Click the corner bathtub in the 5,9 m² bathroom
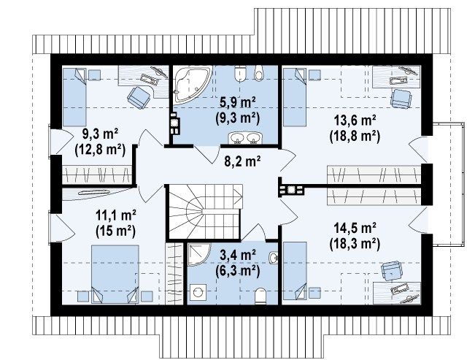pos(190,83)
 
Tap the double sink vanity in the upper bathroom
pos(245,138)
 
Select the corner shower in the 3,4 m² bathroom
pos(198,254)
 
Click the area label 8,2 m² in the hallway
pos(242,161)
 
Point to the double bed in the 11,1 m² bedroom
pos(115,274)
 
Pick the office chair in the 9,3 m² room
pos(139,97)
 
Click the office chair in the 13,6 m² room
pos(401,99)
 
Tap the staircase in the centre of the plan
pos(204,212)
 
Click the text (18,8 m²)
pos(355,137)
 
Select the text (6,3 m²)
pos(238,271)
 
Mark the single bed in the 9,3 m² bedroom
pos(74,97)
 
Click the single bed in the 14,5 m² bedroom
pos(295,271)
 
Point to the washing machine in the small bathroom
pos(198,292)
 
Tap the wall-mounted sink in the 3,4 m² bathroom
pos(274,258)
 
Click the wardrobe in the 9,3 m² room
pos(97,175)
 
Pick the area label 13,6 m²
pos(355,120)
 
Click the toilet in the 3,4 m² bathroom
pos(260,296)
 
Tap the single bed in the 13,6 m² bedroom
pos(295,97)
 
